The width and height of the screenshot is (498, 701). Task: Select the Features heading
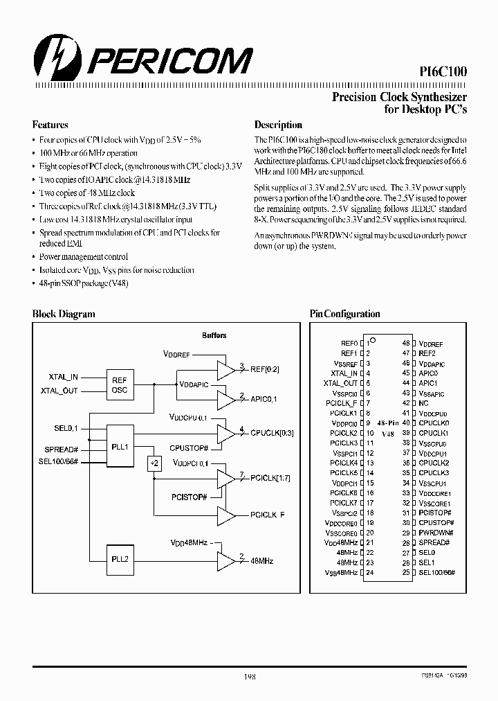coord(50,125)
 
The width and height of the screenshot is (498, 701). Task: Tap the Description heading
coord(278,125)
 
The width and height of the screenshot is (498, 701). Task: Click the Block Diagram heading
coord(64,314)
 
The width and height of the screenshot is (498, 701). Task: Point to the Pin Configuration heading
coord(344,314)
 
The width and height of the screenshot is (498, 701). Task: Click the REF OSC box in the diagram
coord(119,384)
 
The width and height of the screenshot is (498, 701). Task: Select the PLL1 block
coord(119,447)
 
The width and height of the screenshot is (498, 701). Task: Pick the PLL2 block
coord(119,560)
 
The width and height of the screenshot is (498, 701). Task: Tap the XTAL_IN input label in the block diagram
coord(64,377)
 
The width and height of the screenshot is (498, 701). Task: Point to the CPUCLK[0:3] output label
coord(272,433)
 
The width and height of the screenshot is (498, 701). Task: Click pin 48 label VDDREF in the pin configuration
coord(431,344)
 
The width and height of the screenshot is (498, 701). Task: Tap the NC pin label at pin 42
coord(423,403)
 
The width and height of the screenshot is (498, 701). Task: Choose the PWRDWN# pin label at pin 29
coord(434,533)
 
